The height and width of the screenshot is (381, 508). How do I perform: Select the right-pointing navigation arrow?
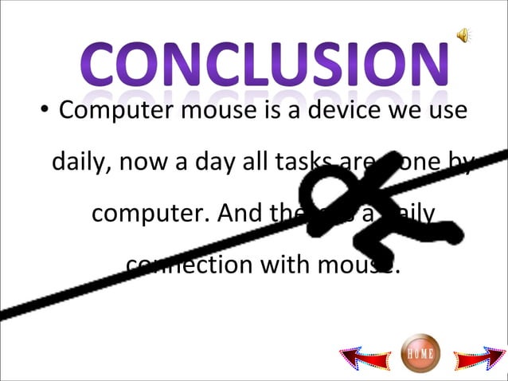(477, 358)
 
